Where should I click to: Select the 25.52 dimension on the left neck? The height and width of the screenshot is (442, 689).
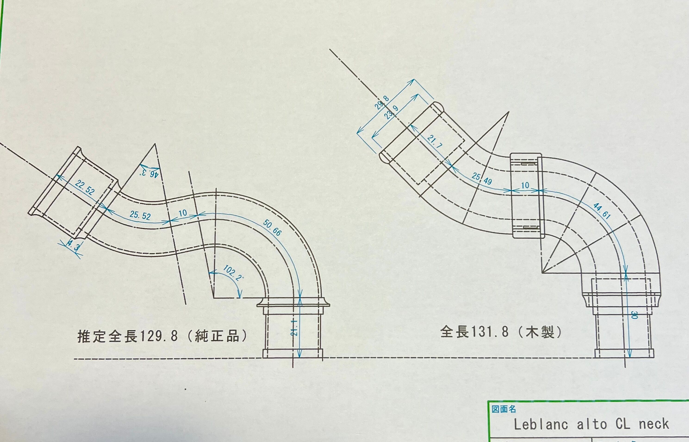[140, 215]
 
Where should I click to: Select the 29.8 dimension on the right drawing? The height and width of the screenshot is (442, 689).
[382, 103]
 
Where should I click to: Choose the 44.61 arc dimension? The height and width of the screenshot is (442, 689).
[602, 211]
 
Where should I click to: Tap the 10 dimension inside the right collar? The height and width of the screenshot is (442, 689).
[525, 185]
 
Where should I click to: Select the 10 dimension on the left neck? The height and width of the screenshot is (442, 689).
[183, 213]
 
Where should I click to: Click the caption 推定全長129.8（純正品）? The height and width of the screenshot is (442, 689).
[162, 336]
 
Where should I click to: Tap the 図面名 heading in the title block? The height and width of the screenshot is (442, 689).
[504, 409]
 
